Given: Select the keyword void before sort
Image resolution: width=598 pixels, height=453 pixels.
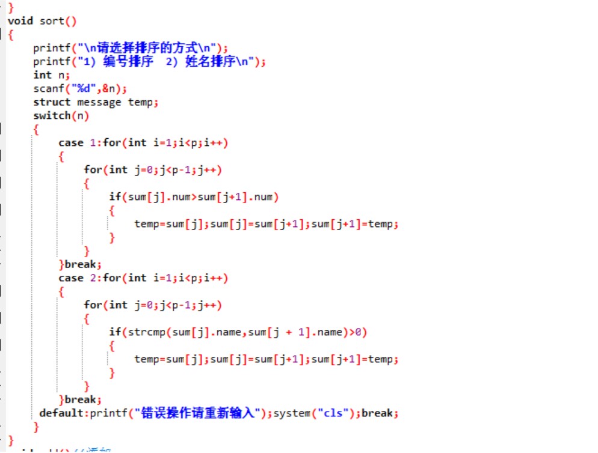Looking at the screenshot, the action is point(20,21).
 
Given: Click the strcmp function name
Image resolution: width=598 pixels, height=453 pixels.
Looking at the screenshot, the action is point(144,332).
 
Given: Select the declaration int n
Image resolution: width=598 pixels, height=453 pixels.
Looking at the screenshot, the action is point(52,75).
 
